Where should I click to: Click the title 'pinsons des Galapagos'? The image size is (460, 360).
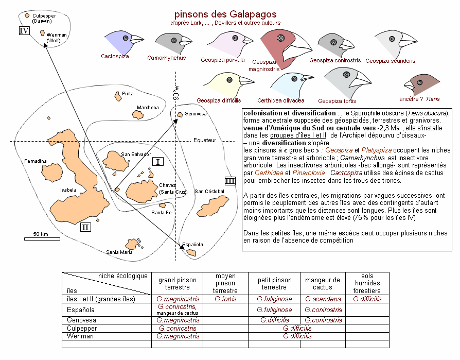pos(225,14)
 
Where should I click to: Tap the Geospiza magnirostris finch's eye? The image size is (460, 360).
pos(280,38)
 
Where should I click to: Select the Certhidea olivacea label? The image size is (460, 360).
pos(281,100)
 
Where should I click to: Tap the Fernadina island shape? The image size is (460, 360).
pos(52,173)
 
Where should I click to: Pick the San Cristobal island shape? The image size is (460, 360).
pos(213,206)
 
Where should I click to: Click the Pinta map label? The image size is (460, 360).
pos(128,94)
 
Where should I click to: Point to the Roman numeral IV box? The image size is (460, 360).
pos(24,30)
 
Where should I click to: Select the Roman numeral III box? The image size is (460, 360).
pos(230,181)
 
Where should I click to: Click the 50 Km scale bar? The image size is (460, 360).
pos(42,239)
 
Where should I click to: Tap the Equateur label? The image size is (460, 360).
pos(205,141)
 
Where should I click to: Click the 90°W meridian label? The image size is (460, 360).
pos(176,93)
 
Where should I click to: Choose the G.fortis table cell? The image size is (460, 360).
pos(225,299)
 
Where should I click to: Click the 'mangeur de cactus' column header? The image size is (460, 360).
pos(323,283)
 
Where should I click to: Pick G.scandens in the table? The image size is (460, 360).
pos(323,299)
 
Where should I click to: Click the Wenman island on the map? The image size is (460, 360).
pos(42,32)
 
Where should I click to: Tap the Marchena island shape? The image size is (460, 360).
pos(137,114)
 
